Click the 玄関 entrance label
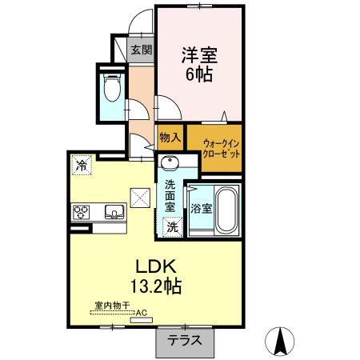coord(141,50)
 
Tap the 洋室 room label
coord(198,56)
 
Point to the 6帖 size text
coord(198,76)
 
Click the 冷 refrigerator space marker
coord(82,166)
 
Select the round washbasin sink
coord(169,165)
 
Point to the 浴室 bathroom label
coord(202,210)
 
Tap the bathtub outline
coord(226,209)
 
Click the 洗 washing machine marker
coord(172,227)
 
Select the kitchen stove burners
coord(82,212)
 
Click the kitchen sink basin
coord(113,213)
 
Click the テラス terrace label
coord(184,340)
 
